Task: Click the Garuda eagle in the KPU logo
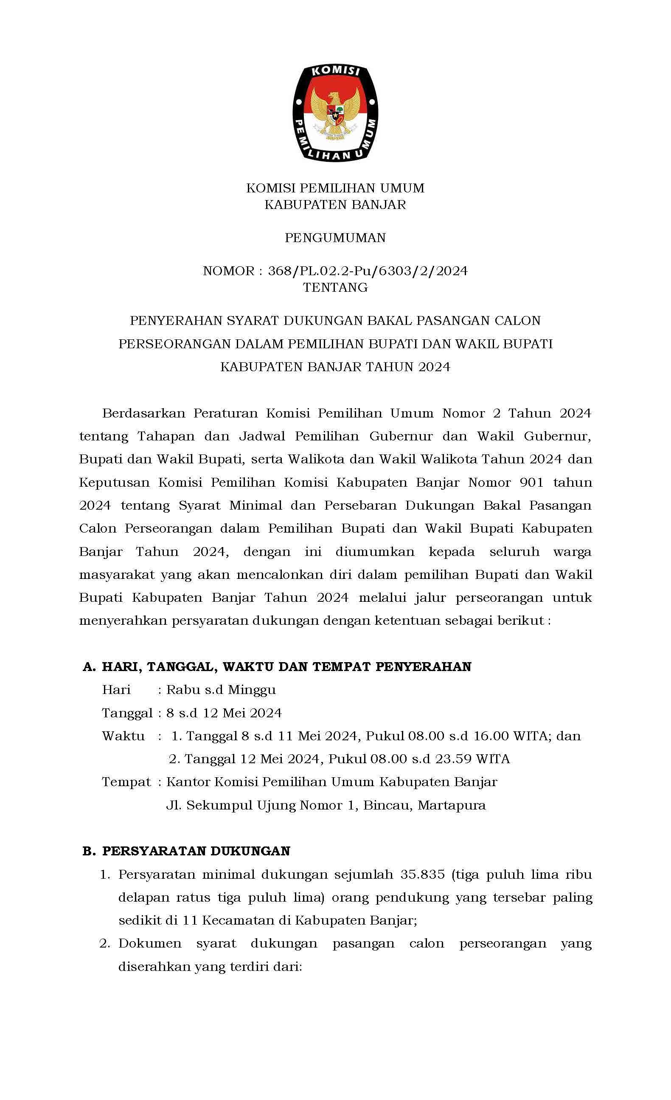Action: click(334, 112)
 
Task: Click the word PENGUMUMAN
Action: click(335, 237)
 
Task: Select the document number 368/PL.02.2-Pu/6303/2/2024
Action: click(368, 271)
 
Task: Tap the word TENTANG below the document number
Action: click(335, 288)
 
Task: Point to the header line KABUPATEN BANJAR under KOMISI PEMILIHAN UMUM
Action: click(335, 204)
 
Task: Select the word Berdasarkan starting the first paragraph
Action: click(143, 413)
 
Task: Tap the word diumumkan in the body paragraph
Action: click(375, 552)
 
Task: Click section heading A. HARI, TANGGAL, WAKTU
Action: click(277, 666)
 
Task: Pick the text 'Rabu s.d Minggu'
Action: click(221, 690)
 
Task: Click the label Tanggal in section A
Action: click(127, 713)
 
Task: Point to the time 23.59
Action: click(453, 759)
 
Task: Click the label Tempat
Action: click(126, 782)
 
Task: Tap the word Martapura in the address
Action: click(452, 805)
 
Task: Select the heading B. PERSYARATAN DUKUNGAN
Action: click(186, 851)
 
